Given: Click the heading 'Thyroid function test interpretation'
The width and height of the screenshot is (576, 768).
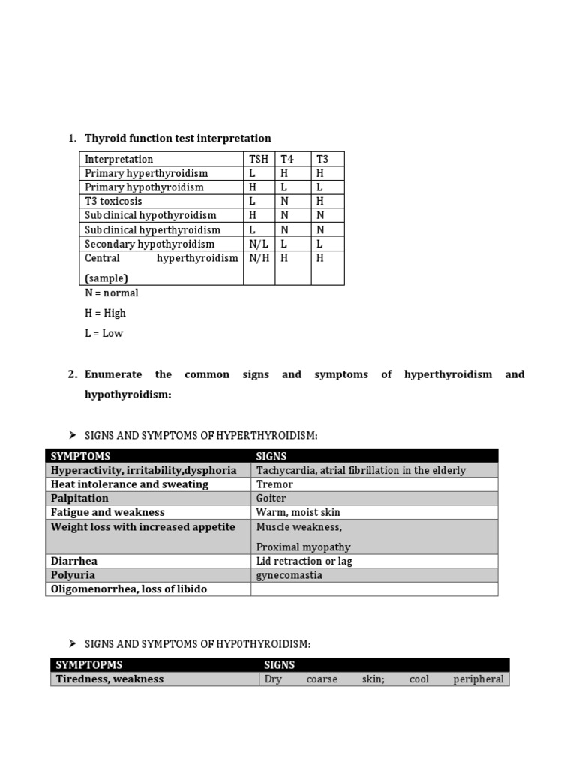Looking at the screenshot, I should [x=178, y=138].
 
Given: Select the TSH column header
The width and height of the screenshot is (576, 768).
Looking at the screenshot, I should [x=258, y=159].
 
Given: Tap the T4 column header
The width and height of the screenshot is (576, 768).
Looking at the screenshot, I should [x=287, y=159].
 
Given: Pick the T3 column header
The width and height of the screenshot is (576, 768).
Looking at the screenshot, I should [x=322, y=159].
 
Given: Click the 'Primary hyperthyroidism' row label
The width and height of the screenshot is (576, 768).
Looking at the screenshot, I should [x=146, y=173].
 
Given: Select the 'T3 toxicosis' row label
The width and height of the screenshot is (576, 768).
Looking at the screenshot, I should [x=113, y=202].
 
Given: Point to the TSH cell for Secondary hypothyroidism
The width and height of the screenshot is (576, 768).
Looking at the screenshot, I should [x=258, y=244].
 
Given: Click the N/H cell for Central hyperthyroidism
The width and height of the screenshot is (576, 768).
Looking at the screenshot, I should [x=259, y=258].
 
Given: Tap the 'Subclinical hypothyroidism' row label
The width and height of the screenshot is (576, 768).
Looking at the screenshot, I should [x=151, y=216].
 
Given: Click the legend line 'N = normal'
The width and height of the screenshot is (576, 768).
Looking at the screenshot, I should [x=111, y=292].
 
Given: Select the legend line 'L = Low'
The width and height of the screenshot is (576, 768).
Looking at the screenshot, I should [x=103, y=333].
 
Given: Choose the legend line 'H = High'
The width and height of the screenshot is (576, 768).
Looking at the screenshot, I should [x=105, y=313].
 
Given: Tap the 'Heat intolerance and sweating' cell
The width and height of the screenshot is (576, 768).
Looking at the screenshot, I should [x=130, y=484].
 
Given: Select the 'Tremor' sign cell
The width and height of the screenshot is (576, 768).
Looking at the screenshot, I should [x=274, y=484].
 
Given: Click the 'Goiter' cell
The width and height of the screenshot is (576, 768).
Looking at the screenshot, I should [x=271, y=499].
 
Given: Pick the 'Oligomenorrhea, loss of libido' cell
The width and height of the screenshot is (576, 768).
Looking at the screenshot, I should [x=128, y=589].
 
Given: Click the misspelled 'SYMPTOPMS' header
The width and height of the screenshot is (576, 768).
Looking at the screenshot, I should [x=89, y=665].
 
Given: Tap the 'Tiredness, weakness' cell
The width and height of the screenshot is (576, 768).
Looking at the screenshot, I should [x=109, y=679].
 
